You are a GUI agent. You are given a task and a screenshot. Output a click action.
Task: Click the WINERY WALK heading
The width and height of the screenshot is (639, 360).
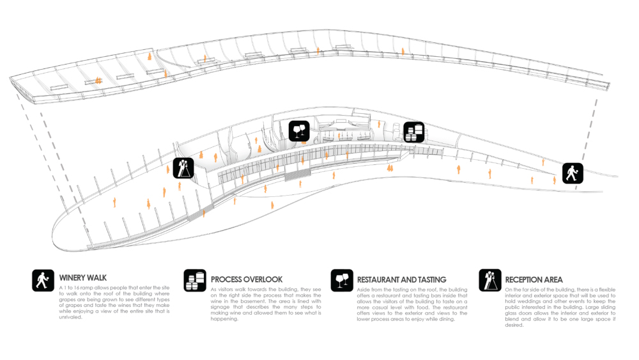pyautogui.click(x=83, y=278)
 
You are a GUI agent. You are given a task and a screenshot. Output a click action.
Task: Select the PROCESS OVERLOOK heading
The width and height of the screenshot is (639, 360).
pyautogui.click(x=246, y=279)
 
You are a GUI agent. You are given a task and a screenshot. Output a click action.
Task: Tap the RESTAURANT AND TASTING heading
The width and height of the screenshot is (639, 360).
pyautogui.click(x=401, y=279)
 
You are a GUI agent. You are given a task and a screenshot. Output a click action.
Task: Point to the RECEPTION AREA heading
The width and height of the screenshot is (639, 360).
pyautogui.click(x=534, y=279)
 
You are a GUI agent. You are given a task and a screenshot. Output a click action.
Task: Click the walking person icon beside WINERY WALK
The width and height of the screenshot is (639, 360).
pyautogui.click(x=43, y=280)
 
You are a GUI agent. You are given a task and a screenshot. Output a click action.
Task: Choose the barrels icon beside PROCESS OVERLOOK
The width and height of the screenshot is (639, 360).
pyautogui.click(x=194, y=281)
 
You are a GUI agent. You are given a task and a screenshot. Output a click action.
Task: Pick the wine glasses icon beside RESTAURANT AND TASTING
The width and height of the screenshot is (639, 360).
pyautogui.click(x=342, y=281)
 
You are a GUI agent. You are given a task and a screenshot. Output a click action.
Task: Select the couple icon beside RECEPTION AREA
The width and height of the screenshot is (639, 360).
pyautogui.click(x=490, y=280)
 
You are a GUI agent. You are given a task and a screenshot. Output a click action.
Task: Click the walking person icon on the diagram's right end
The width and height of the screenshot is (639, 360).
pyautogui.click(x=573, y=173)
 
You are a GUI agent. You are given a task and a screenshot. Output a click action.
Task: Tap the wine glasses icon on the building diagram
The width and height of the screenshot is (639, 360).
pyautogui.click(x=299, y=131)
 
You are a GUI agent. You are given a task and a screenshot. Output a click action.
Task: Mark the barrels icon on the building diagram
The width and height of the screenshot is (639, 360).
pyautogui.click(x=414, y=132)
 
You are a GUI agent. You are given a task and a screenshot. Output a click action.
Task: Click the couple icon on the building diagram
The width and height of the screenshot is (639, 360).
pyautogui.click(x=183, y=168)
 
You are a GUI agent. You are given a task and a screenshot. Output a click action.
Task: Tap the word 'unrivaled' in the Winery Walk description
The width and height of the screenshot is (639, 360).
pyautogui.click(x=71, y=318)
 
